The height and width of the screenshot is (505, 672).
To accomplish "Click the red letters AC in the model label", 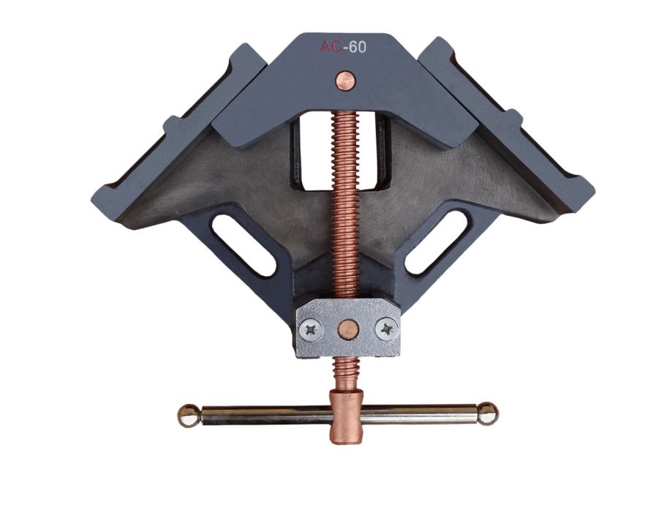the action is [x=331, y=47].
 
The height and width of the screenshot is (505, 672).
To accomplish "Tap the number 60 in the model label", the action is [x=358, y=47].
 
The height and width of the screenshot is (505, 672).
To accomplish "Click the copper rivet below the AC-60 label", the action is [x=346, y=81].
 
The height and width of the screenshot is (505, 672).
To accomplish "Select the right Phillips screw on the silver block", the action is [x=387, y=329].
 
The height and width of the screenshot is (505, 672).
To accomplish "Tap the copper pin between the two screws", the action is [x=348, y=329].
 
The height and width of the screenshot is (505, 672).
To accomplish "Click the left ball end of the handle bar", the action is [x=189, y=415].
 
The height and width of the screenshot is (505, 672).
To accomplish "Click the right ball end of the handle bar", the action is [x=488, y=414].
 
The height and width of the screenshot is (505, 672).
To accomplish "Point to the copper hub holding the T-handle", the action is [x=346, y=416].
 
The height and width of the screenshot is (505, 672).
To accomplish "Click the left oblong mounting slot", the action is [x=243, y=245].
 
